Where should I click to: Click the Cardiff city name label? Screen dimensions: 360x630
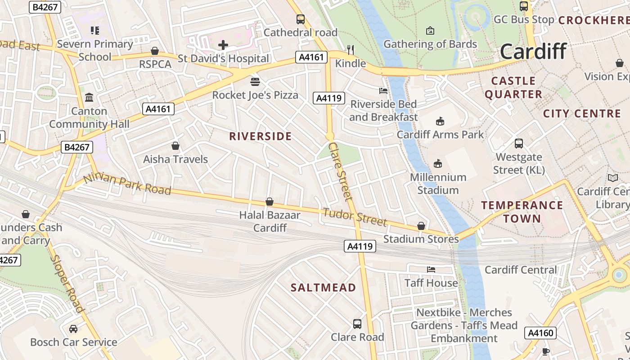tap(533, 51)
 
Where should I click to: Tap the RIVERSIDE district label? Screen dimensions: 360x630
tap(261, 136)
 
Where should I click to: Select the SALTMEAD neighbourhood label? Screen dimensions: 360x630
tap(323, 288)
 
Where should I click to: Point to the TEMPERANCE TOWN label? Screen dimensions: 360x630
tap(522, 212)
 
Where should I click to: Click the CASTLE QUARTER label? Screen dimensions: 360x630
tap(513, 88)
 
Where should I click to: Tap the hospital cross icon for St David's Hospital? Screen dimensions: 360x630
tap(223, 45)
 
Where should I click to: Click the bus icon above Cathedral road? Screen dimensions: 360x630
tap(300, 19)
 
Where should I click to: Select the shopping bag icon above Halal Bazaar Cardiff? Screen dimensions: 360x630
tap(270, 202)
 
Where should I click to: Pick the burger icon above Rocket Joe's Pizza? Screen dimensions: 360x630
tap(255, 81)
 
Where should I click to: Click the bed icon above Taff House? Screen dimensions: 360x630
tap(431, 270)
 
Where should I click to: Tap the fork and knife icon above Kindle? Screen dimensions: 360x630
tap(351, 49)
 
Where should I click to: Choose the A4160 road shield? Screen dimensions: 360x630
tap(540, 333)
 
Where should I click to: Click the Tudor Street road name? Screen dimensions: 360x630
tap(355, 217)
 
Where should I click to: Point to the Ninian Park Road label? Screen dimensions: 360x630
tap(127, 184)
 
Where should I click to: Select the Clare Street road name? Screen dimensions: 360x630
tap(340, 171)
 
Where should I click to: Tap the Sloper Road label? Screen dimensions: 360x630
tap(67, 283)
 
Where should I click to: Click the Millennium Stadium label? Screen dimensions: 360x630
tap(438, 184)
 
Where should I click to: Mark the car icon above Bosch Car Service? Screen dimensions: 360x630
tap(73, 329)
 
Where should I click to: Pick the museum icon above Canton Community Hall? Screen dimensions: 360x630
tap(89, 97)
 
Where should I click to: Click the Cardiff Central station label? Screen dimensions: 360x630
tap(521, 270)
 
